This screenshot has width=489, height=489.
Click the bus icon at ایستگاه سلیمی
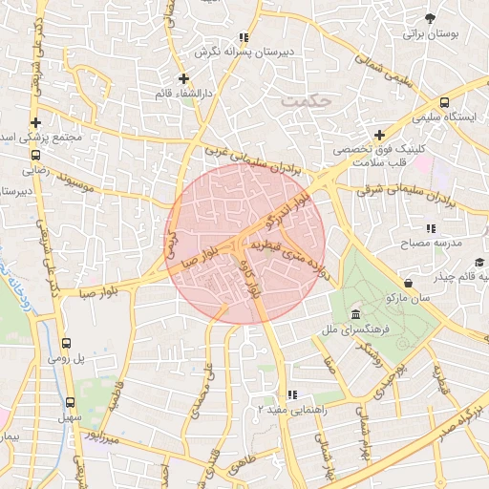pos(443,102)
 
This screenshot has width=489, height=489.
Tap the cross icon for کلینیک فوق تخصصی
pos(379,135)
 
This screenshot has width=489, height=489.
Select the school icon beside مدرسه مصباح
pos(431,228)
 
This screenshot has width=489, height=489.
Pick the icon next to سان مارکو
pos(409,283)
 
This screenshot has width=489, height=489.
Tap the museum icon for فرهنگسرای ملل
pos(355,315)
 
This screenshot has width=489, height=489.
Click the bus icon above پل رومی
pos(66,344)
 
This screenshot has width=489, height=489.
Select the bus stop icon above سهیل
pos(70,402)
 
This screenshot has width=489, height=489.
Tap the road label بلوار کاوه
pos(253,280)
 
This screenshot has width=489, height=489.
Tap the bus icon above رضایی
pos(35,155)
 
